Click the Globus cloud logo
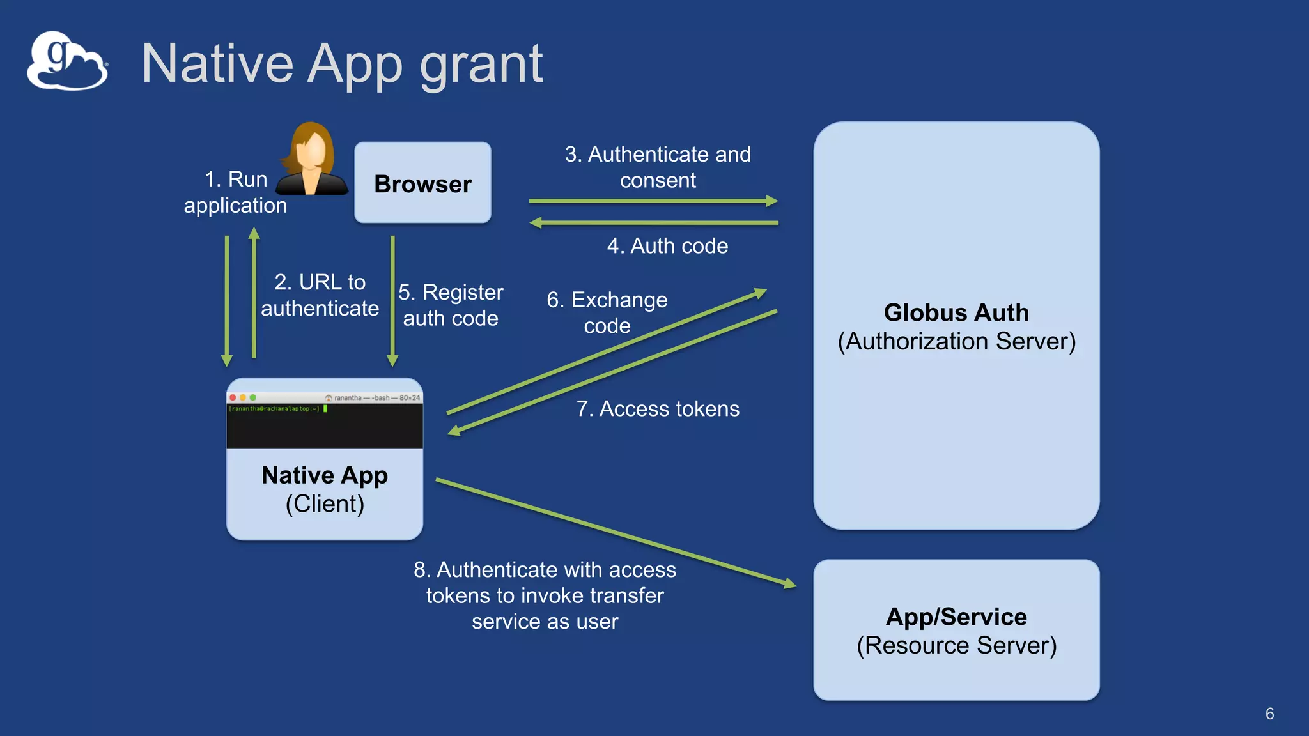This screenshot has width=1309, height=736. (x=66, y=61)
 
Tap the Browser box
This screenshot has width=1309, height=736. (x=422, y=183)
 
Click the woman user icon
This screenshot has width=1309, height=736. (x=312, y=160)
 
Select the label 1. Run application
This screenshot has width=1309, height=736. (x=235, y=192)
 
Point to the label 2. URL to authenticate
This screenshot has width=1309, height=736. (x=320, y=295)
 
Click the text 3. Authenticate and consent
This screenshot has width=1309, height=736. (x=658, y=167)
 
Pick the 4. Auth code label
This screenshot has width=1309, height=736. (x=667, y=246)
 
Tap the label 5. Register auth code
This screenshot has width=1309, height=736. (x=451, y=305)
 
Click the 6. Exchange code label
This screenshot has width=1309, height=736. (x=607, y=312)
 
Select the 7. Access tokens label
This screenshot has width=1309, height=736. (x=658, y=409)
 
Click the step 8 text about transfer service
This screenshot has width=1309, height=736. (x=545, y=595)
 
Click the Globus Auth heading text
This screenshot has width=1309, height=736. (x=956, y=312)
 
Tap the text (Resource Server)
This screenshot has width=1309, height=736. (x=956, y=646)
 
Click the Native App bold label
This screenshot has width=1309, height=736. (x=325, y=475)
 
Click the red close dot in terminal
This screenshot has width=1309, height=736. (x=233, y=397)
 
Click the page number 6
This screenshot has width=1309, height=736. (x=1269, y=714)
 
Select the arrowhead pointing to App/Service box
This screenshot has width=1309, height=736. (x=790, y=583)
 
